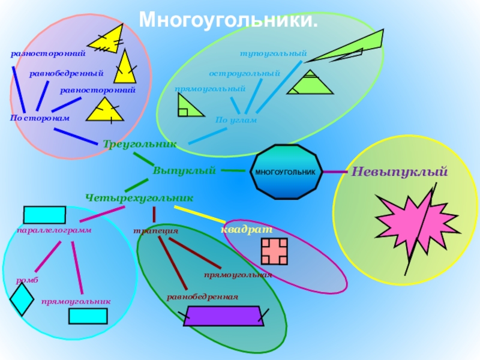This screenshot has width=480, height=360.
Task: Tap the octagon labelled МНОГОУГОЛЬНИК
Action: (x=285, y=172)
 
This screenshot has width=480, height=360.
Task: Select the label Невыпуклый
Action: (x=400, y=172)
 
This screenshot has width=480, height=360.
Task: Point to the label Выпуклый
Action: (x=184, y=171)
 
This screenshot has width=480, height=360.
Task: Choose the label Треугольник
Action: (x=140, y=144)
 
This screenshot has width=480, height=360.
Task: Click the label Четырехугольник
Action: (x=139, y=197)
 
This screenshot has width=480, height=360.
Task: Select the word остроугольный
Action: (x=245, y=73)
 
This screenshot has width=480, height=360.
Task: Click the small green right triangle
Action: (x=183, y=107)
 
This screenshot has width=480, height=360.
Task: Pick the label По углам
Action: (x=236, y=120)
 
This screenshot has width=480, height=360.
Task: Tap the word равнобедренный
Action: (x=67, y=73)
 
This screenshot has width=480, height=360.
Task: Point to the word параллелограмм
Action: (x=49, y=230)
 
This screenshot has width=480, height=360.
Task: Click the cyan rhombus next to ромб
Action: (x=22, y=299)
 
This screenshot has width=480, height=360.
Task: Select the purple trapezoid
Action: (x=224, y=316)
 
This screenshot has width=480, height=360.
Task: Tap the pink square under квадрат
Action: (x=274, y=251)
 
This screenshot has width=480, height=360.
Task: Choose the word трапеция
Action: (x=155, y=230)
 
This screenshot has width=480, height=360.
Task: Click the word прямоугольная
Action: (x=238, y=275)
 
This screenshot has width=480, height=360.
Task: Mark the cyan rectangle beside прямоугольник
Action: (x=88, y=316)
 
